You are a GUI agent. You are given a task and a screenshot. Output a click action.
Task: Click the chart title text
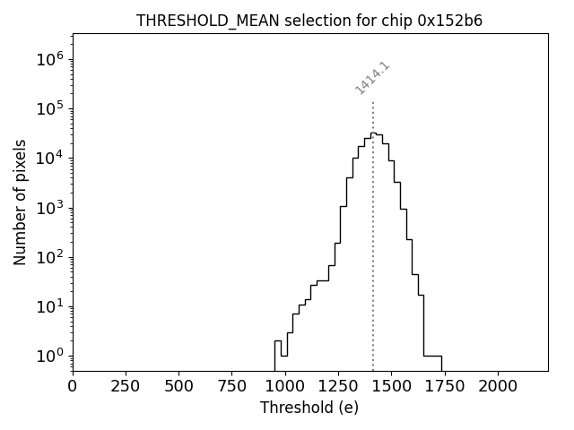309,21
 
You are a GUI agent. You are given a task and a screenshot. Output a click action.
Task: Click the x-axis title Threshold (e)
309,408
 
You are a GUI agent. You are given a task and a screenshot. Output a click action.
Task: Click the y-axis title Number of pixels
21,202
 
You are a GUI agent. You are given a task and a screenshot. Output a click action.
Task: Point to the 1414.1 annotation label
372,78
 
